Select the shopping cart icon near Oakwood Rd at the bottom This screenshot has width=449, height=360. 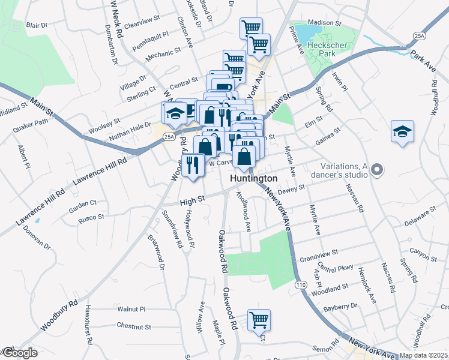pos(259,320)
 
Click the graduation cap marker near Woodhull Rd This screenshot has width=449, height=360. pos(402,131)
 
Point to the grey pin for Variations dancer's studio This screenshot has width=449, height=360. pos(377,170)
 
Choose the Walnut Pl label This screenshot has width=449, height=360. pos(131,309)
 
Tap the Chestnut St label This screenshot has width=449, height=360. pos(133,326)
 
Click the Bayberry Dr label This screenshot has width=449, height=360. pos(340,307)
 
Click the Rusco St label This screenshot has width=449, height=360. pos(91,217)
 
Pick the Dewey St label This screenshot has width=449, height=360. pos(292,188)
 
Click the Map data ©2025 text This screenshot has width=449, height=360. pos(423,355)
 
